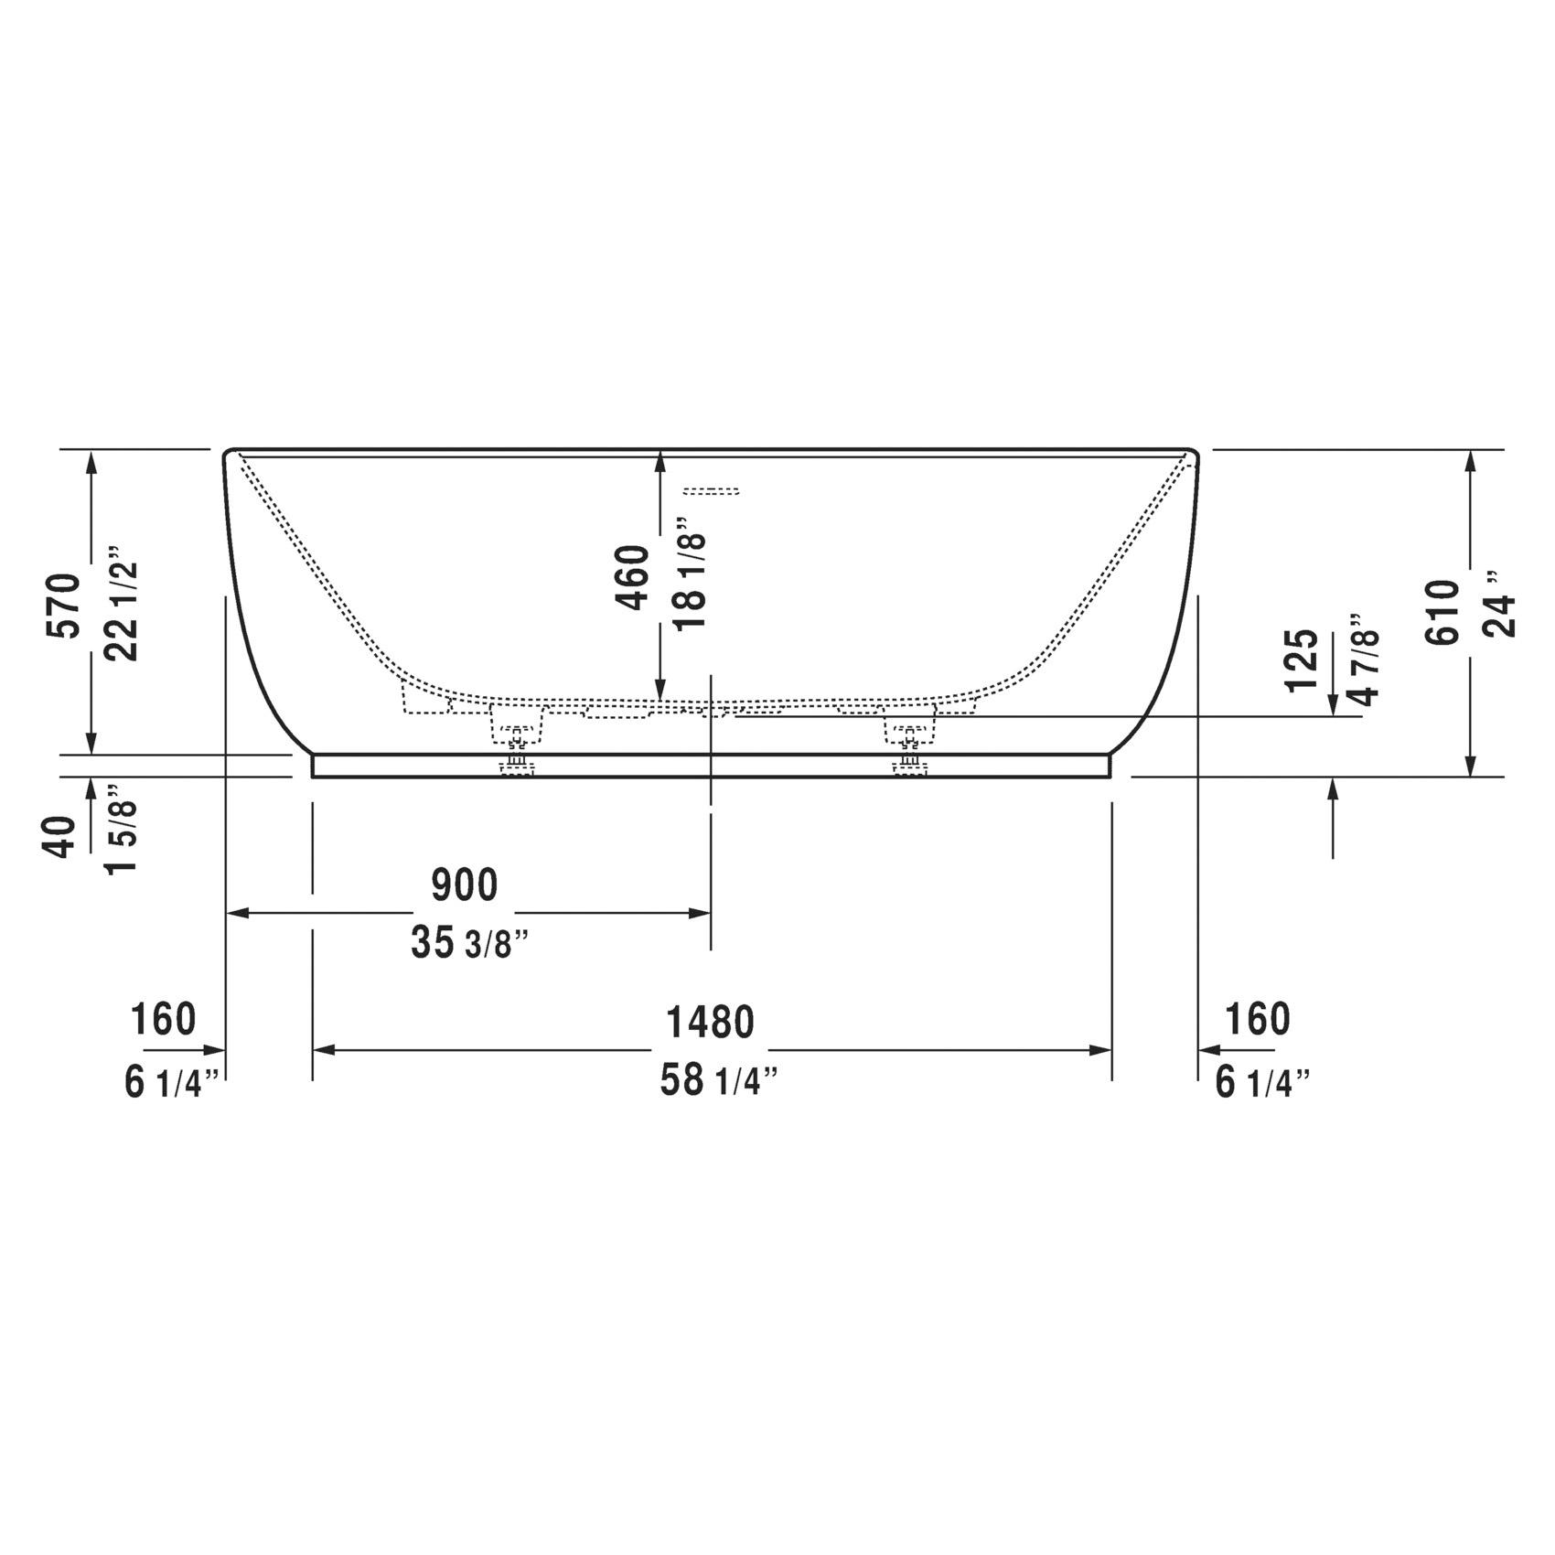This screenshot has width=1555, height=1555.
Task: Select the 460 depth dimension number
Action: pos(632,577)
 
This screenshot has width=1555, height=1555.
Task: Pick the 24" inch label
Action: pos(1499,605)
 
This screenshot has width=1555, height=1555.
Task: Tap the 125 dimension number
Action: pos(1303,660)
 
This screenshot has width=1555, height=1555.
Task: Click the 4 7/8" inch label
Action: pos(1364,659)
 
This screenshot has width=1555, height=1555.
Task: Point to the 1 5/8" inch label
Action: pos(122,829)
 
